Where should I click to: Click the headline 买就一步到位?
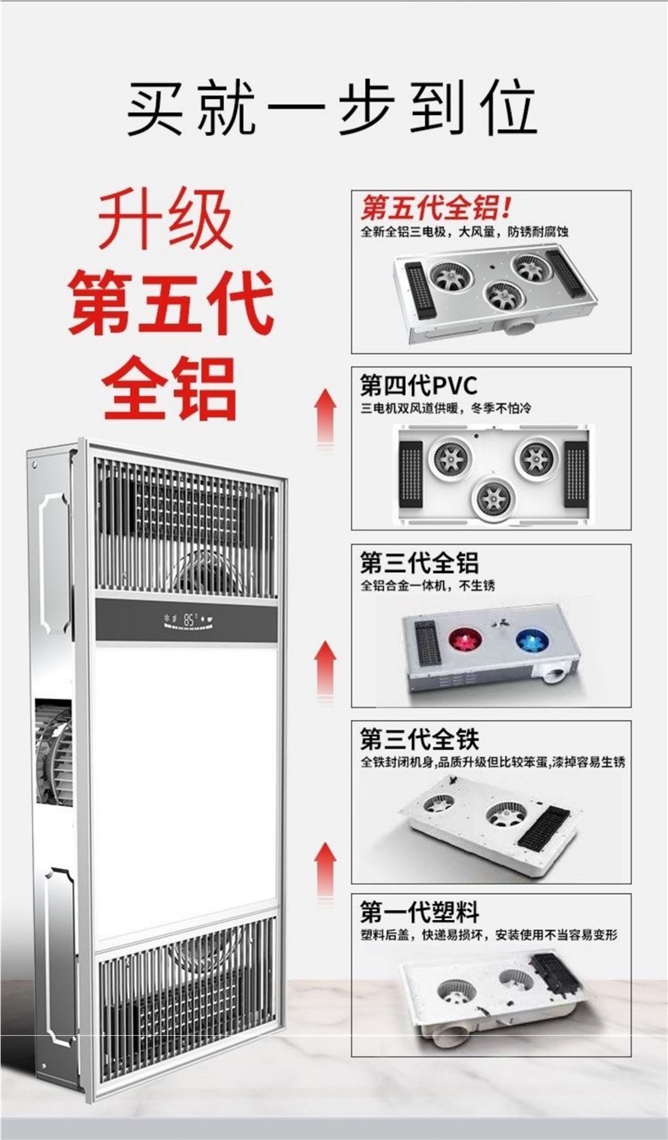332,109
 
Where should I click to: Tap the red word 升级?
166,223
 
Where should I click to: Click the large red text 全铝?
170,388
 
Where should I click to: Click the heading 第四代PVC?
419,386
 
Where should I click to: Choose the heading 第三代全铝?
419,562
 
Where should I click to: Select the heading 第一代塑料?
419,912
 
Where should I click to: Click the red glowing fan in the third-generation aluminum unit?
463,640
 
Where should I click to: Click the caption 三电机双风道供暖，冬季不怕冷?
445,409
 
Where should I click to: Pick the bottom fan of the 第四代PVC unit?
493,497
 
